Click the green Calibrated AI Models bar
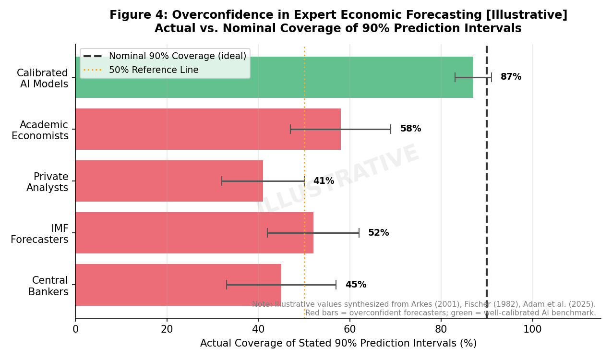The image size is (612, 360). pos(274,77)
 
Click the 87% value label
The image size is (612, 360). pos(511,77)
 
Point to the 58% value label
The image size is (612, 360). pos(410,129)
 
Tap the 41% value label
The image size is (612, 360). pos(324,181)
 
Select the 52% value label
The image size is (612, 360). pos(378,233)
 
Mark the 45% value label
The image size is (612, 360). pos(356,285)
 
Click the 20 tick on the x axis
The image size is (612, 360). pos(167,329)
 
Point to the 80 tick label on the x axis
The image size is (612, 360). pos(441,329)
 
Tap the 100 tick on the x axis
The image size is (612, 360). pos(532,329)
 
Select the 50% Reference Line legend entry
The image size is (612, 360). pos(153,70)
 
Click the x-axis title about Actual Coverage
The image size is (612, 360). pos(338,343)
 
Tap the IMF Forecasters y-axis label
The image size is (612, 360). pos(39,234)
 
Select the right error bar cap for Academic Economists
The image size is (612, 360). pos(391,129)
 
